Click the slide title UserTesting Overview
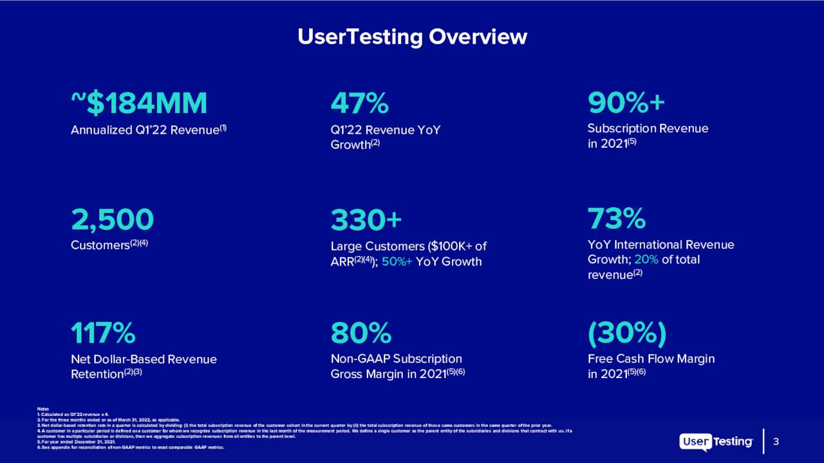click(412, 37)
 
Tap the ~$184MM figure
click(139, 103)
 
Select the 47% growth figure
click(359, 103)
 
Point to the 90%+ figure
click(626, 103)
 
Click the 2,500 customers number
click(113, 219)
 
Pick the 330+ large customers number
click(366, 219)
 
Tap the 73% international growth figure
click(616, 219)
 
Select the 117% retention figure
click(103, 334)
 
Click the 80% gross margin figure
click(360, 334)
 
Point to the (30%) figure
click(626, 334)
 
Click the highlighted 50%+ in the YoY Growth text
click(397, 262)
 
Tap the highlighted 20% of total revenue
click(646, 260)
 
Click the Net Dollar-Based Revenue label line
click(144, 359)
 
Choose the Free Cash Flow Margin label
click(651, 359)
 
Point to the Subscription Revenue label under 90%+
click(648, 128)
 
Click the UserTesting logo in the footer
click(716, 442)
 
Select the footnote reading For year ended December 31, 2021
click(78, 441)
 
